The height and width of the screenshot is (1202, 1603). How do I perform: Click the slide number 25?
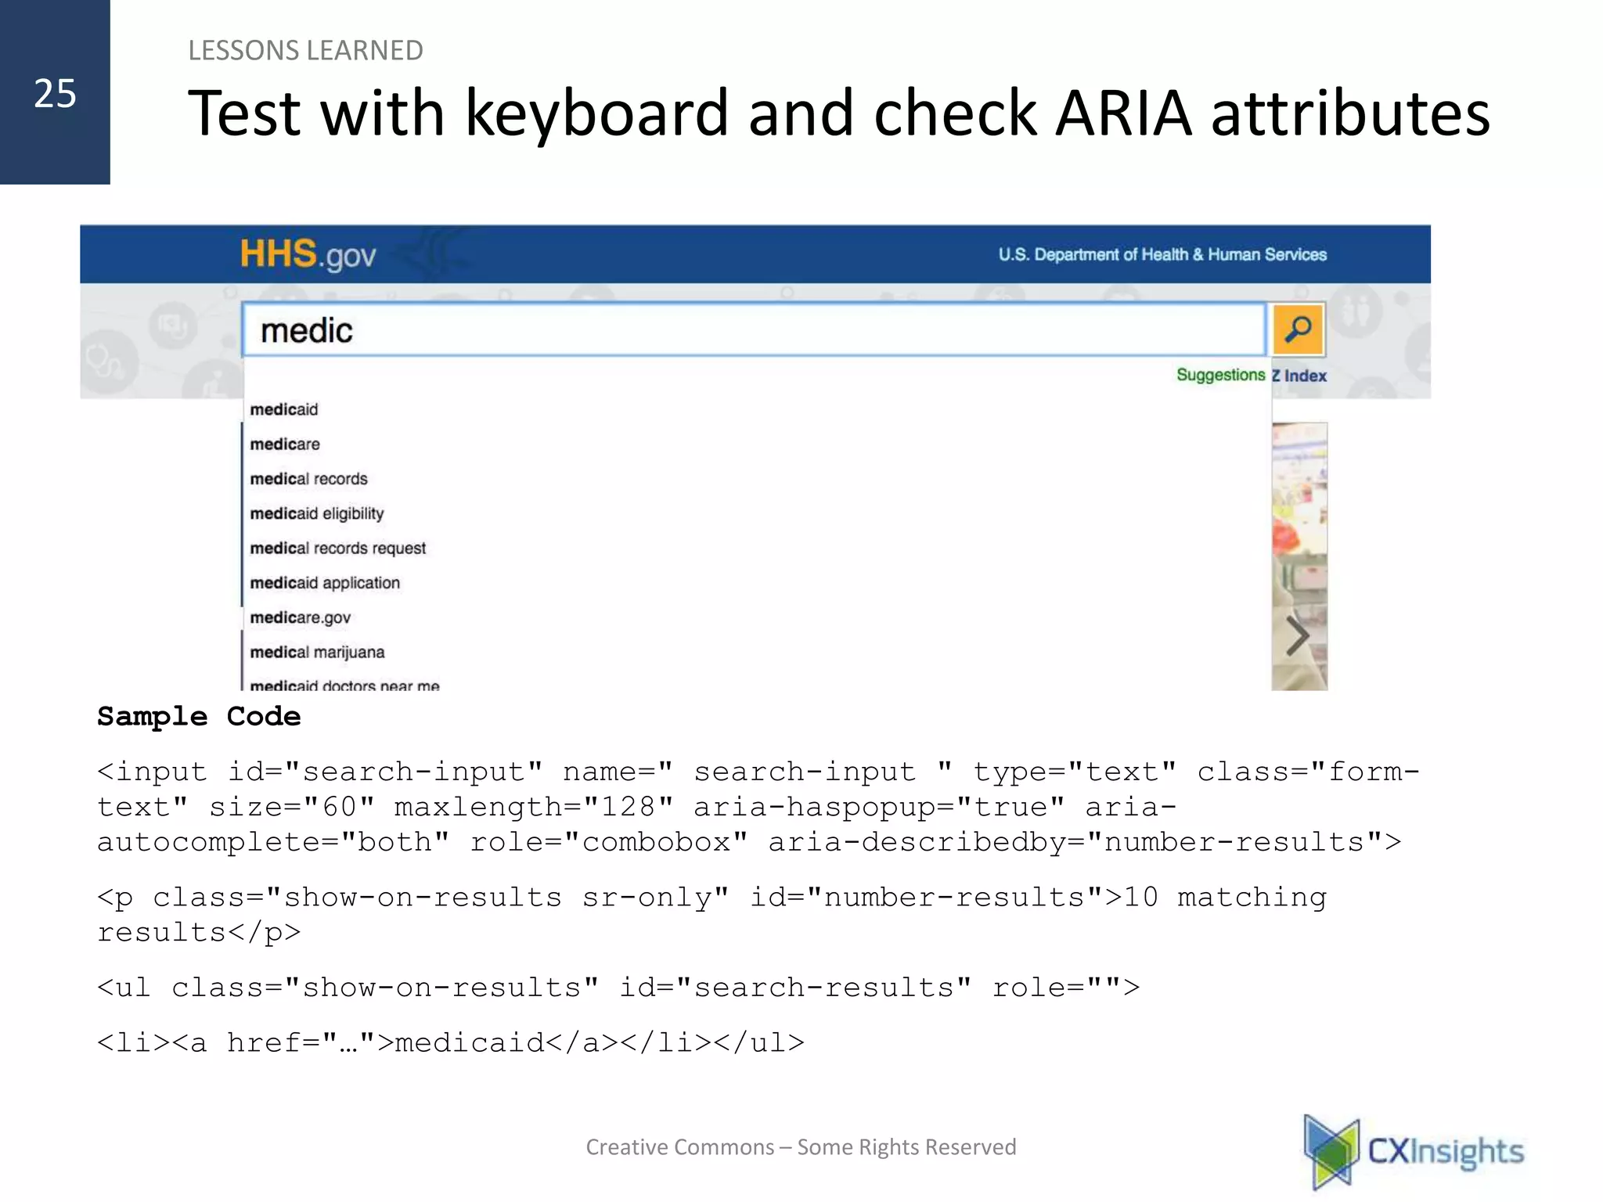55,94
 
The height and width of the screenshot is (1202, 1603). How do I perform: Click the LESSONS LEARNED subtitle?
305,51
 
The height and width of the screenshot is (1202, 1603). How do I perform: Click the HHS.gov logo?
308,255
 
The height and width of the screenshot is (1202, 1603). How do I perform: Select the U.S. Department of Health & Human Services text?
1162,255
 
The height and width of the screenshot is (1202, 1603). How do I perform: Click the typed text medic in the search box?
306,331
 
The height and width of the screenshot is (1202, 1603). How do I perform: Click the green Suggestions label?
1220,375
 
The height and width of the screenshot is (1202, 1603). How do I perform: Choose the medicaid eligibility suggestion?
317,513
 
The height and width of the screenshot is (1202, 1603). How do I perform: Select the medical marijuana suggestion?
317,652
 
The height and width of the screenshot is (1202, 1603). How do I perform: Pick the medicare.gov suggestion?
301,617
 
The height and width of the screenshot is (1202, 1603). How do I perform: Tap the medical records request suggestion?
338,548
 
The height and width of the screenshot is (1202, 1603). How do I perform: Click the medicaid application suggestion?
325,583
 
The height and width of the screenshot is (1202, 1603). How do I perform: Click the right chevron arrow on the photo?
1298,635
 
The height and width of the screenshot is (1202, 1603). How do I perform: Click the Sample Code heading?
199,716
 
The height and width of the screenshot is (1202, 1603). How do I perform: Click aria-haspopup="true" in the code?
878,807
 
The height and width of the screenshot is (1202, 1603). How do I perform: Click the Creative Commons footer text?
801,1147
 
